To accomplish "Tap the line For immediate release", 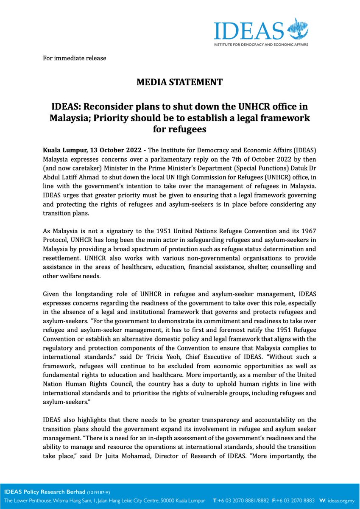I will [75, 58].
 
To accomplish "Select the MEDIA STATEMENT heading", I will [179, 82].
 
